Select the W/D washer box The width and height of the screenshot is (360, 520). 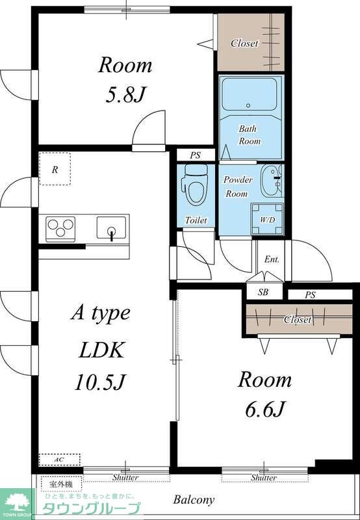(x=267, y=218)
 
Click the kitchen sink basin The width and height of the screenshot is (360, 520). (x=111, y=227)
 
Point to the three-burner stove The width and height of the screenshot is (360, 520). (x=60, y=227)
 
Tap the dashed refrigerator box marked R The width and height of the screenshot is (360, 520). (x=55, y=169)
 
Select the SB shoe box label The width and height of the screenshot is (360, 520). (x=263, y=292)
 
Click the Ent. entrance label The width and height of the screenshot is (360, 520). (x=272, y=259)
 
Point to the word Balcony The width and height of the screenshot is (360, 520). (x=194, y=499)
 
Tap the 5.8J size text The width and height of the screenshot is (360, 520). (x=125, y=95)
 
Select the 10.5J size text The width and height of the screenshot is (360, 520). (x=100, y=382)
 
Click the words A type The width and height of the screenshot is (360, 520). (x=101, y=313)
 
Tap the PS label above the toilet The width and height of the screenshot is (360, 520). (x=195, y=155)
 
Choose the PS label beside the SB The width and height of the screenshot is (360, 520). (x=310, y=294)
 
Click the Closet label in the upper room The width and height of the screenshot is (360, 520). (x=244, y=43)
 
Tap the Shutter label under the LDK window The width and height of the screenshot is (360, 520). (x=125, y=478)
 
